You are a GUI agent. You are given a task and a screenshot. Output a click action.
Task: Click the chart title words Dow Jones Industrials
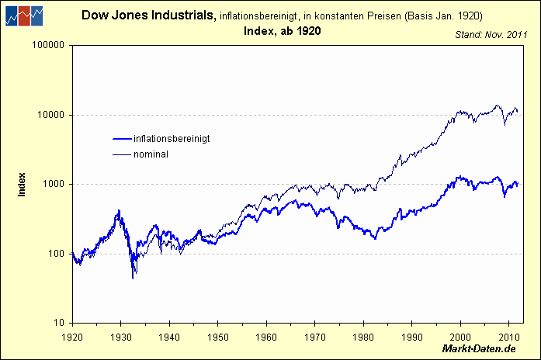click(x=148, y=15)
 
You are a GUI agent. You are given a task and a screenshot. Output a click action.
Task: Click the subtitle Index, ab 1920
click(x=280, y=30)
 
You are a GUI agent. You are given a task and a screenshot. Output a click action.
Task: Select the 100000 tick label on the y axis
click(x=48, y=46)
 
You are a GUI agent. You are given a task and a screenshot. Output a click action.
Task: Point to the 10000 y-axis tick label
click(x=50, y=115)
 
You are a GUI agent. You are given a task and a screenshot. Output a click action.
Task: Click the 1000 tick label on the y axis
click(x=53, y=185)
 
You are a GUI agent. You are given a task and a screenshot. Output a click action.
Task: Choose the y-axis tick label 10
click(x=58, y=323)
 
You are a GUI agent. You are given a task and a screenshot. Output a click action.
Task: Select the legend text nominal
click(x=151, y=154)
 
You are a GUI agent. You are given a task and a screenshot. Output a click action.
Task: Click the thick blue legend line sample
click(x=122, y=139)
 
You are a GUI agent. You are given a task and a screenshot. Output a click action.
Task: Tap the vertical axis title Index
click(x=22, y=184)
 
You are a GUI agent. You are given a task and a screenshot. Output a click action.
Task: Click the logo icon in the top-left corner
click(x=23, y=16)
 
